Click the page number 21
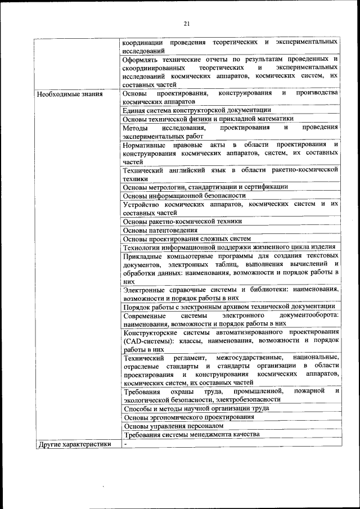(187, 23)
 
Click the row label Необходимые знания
(70, 94)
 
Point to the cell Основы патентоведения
(160, 230)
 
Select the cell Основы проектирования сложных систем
(187, 238)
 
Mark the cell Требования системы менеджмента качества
(191, 435)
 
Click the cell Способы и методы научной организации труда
(196, 408)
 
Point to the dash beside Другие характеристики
(126, 444)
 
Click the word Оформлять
(142, 58)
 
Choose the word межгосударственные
(247, 358)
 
